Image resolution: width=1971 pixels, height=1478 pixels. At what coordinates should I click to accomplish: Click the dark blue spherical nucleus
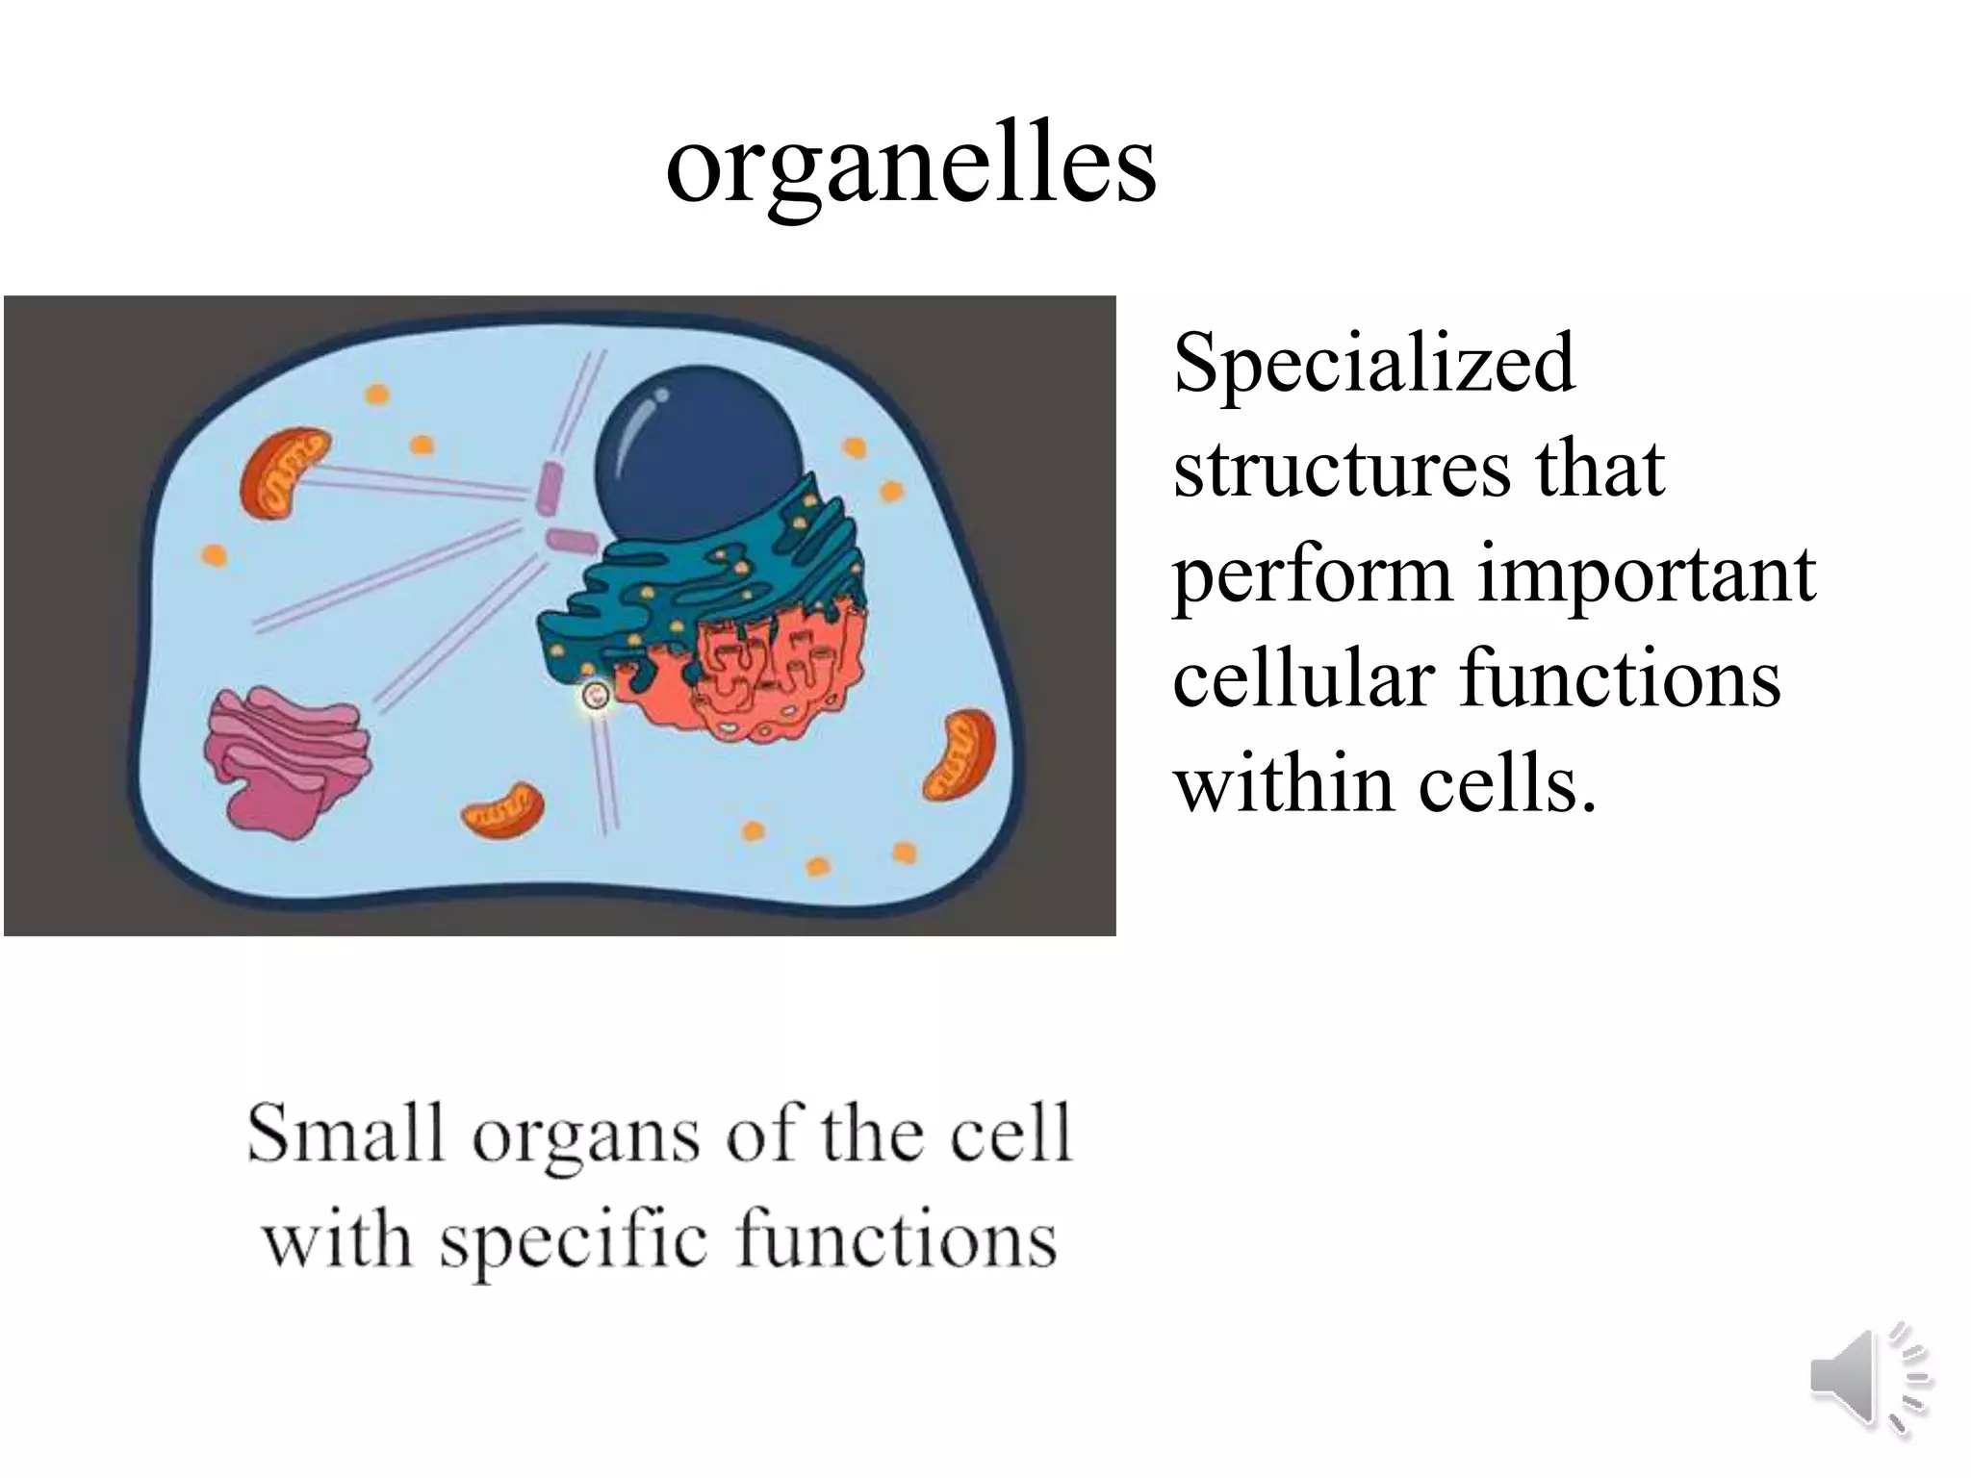point(698,452)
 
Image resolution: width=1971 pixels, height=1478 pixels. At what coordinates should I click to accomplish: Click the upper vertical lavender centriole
point(550,486)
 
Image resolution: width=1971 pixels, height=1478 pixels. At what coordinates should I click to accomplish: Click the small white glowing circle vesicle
point(596,696)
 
